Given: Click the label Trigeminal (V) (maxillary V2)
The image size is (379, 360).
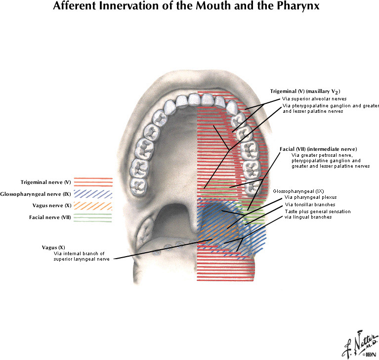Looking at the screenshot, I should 305,91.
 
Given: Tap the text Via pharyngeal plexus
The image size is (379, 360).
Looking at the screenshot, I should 311,197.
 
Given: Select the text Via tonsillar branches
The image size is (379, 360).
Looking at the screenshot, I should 310,204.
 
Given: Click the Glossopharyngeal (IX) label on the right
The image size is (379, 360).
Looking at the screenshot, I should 298,191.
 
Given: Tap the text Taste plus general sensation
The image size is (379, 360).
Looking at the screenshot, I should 318,211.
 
